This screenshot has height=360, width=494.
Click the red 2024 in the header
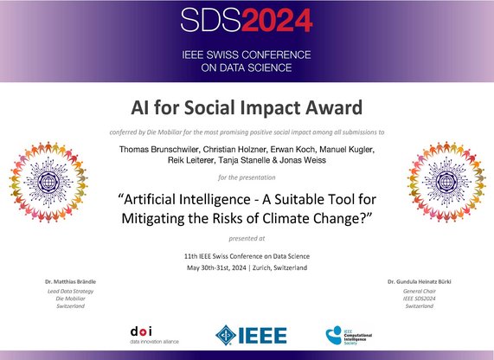[x=277, y=20]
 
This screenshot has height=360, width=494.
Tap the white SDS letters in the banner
[x=211, y=20]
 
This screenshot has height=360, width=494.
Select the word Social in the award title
[x=209, y=107]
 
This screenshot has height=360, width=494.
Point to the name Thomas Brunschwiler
[x=159, y=150]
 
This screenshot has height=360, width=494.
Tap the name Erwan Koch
[x=292, y=150]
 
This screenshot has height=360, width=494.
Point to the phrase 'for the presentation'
[x=247, y=177]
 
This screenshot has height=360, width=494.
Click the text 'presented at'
[x=247, y=239]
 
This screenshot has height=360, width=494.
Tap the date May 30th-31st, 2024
[x=216, y=268]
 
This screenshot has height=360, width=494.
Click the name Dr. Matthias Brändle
[x=71, y=281]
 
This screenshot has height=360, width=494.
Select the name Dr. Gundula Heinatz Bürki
[x=420, y=281]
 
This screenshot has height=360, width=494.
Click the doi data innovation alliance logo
[x=154, y=336]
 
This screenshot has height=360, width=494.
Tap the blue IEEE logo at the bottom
[x=251, y=335]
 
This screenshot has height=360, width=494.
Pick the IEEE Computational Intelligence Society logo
[x=349, y=336]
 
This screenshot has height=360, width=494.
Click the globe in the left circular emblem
[x=48, y=182]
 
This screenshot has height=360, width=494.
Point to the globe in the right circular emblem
[x=446, y=182]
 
